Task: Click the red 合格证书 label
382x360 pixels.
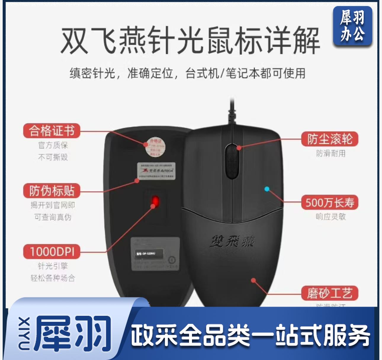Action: coord(52,131)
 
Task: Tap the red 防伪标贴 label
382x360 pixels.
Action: coord(52,191)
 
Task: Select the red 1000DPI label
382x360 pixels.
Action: coord(52,251)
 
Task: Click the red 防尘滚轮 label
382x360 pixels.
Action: coord(330,139)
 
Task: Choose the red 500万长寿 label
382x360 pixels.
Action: coord(330,202)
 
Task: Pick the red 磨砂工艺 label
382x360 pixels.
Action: coord(330,293)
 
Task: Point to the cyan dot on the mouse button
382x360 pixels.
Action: coord(267,189)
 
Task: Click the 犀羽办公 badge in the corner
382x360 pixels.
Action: coord(352,26)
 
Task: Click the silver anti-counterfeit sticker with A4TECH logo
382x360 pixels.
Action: coord(156,171)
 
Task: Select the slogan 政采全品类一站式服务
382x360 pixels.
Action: coord(251,336)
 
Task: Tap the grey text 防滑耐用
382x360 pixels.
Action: coord(331,153)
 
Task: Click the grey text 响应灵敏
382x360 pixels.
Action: coord(331,217)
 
